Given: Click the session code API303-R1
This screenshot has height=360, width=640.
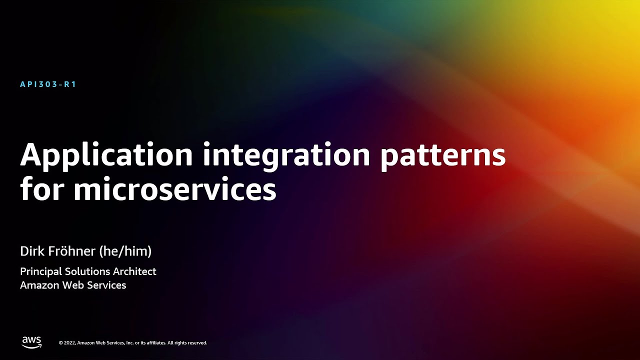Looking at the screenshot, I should [x=48, y=84].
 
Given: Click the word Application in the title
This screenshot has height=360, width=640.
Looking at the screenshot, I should [x=106, y=155].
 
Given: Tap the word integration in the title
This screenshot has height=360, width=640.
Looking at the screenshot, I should [x=286, y=155].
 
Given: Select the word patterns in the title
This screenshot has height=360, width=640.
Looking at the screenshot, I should [x=442, y=155].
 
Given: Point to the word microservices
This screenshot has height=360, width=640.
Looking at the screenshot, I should [x=174, y=190].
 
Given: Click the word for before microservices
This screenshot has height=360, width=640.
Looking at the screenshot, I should [x=43, y=190].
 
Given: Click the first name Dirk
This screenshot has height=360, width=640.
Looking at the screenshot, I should [x=31, y=251].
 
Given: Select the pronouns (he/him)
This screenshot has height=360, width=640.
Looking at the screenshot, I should [x=125, y=251].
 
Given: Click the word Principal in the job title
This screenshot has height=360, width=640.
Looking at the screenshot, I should [x=41, y=271].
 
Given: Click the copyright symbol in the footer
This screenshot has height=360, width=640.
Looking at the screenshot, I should [x=61, y=343].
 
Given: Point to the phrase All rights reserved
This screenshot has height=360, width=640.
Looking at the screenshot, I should [x=187, y=343].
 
